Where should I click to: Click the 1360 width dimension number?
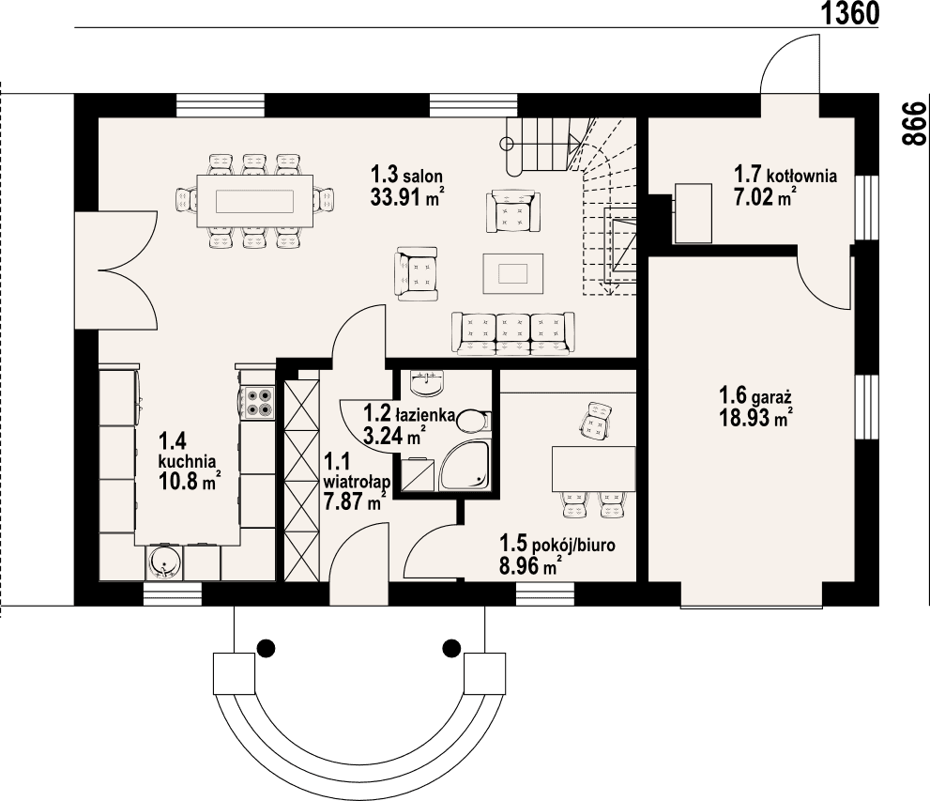click(849, 14)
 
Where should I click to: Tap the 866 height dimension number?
click(914, 123)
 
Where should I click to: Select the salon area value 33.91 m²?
click(407, 196)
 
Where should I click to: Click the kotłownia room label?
click(801, 176)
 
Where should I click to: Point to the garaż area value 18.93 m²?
click(756, 417)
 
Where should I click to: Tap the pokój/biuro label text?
click(572, 545)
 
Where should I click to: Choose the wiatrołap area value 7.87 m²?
click(355, 501)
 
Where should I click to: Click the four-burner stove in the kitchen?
click(259, 402)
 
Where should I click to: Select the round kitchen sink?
click(164, 562)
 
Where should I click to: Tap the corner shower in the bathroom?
click(465, 467)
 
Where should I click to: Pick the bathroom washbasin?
click(427, 383)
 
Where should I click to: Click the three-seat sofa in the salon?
click(512, 332)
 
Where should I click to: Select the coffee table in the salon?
click(513, 273)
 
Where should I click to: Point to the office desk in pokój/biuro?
click(594, 470)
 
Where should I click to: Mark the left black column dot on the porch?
click(266, 647)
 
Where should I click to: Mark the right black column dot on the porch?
click(451, 647)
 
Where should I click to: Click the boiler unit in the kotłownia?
click(693, 213)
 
